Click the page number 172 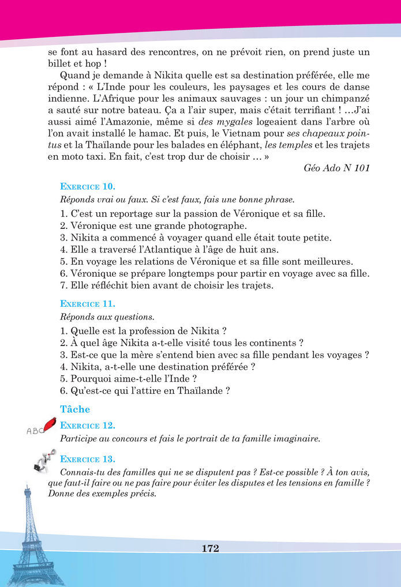tap(211, 548)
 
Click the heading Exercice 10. tap(88, 187)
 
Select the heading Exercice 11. tap(88, 303)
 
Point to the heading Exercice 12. tap(88, 426)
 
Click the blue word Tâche tap(75, 409)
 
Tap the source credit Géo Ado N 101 tap(336, 168)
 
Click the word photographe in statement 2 tap(217, 225)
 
